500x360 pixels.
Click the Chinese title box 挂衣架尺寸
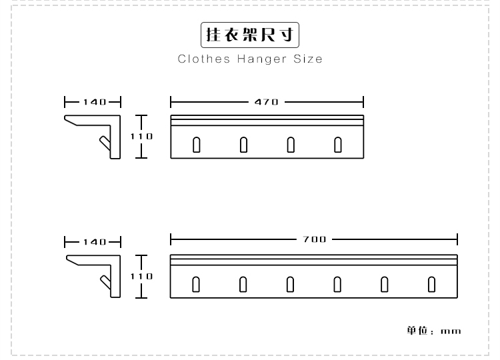pos(250,35)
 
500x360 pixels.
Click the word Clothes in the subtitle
pos(204,59)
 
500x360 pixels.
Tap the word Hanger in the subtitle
pos(262,59)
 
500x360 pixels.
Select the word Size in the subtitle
pos(308,59)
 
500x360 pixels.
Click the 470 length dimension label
pos(266,102)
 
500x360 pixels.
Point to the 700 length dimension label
pos(315,239)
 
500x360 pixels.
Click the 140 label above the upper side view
pos(95,102)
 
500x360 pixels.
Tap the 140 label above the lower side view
pos(95,242)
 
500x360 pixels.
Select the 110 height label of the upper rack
pos(141,137)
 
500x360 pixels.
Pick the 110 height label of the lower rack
pos(141,276)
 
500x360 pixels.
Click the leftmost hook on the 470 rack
pos(197,145)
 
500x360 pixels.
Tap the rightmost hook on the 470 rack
pos(338,145)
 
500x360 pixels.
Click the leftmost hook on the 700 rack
pos(196,285)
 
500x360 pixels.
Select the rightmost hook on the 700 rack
pos(431,285)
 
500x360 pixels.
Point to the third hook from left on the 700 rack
pos(290,285)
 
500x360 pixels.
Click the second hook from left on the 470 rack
pos(243,145)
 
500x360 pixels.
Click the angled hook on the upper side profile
pos(105,143)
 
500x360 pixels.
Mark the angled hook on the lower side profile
pos(105,283)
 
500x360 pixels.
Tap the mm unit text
pos(451,331)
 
